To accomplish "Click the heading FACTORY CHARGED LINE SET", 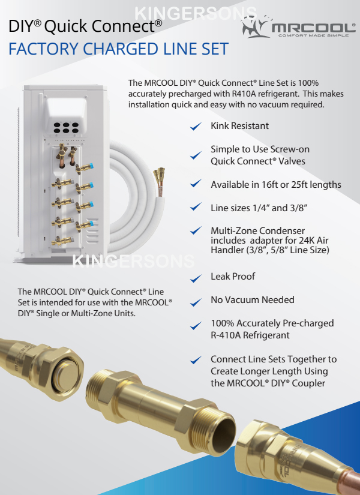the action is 118,49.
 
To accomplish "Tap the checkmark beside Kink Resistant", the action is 196,126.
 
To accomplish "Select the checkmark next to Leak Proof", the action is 196,278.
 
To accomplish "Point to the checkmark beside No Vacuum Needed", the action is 196,302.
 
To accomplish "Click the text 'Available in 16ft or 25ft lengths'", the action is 276,185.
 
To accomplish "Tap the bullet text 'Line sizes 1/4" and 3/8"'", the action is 259,208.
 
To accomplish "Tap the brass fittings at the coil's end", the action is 159,178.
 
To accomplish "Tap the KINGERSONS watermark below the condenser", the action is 134,262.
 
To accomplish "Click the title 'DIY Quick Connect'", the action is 85,26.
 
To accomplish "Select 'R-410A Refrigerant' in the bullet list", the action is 250,335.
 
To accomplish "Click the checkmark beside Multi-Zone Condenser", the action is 196,230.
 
